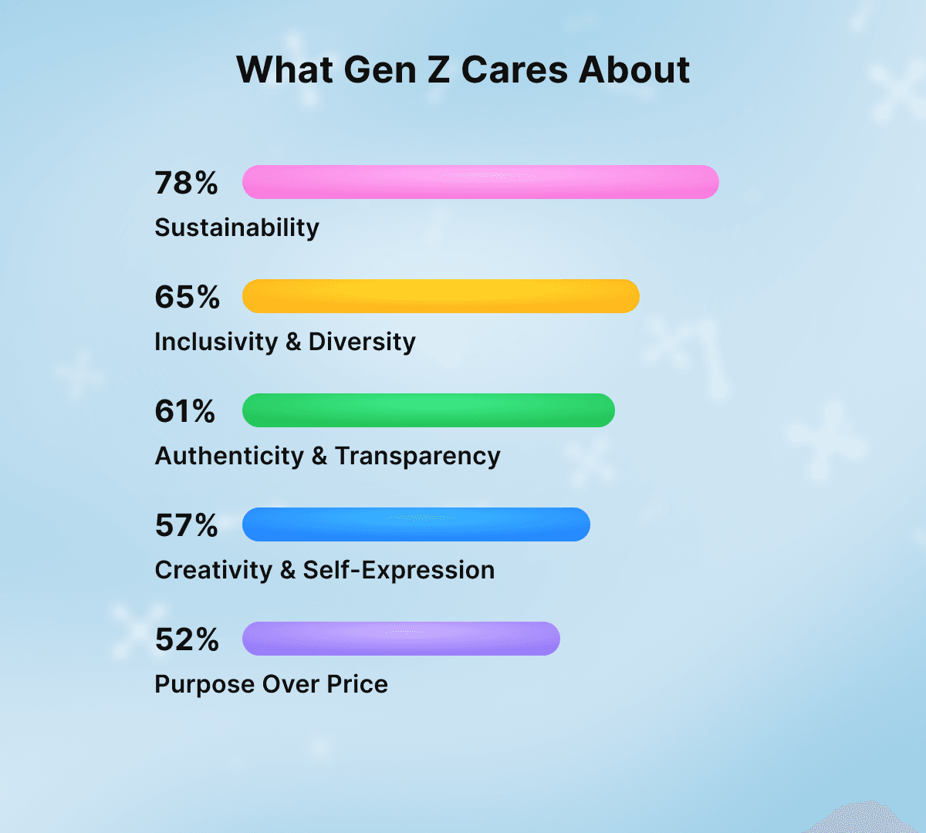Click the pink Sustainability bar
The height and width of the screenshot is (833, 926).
point(480,182)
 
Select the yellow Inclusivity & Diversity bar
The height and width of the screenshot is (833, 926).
point(441,296)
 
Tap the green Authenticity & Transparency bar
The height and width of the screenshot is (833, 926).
point(428,410)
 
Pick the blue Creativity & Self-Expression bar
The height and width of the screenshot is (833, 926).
point(416,524)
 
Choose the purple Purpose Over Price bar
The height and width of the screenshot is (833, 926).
point(400,639)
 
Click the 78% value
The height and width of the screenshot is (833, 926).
point(186,183)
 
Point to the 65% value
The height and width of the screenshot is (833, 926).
point(187,297)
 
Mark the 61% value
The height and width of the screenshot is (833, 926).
point(185,411)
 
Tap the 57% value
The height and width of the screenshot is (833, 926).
point(186,525)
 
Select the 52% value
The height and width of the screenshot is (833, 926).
point(187,639)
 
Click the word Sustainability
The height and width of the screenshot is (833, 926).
point(237,228)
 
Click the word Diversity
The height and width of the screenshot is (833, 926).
point(362,342)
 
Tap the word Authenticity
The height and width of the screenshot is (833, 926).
point(229,456)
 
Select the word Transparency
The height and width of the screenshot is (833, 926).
point(417,456)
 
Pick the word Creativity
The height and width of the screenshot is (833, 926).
point(214,570)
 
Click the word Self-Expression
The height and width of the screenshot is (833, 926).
point(398,570)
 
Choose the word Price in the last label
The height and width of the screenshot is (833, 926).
point(357,684)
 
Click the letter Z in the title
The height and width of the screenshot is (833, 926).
point(438,69)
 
